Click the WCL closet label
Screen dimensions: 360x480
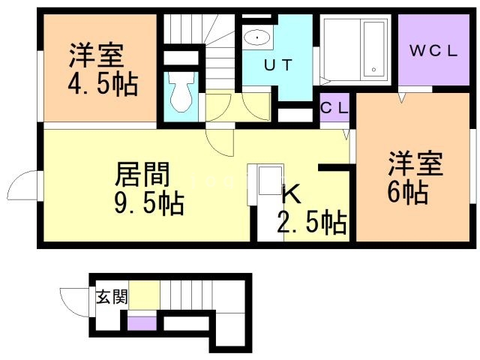pyautogui.click(x=433, y=52)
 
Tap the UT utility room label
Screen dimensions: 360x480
pyautogui.click(x=277, y=64)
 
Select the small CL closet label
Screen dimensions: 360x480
pyautogui.click(x=334, y=108)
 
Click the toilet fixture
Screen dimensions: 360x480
pyautogui.click(x=181, y=93)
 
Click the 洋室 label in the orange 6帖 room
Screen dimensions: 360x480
pyautogui.click(x=415, y=163)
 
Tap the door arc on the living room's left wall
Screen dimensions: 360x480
pyautogui.click(x=24, y=184)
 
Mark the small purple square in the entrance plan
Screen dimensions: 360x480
pyautogui.click(x=142, y=323)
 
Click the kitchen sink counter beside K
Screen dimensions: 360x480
pyautogui.click(x=264, y=183)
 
